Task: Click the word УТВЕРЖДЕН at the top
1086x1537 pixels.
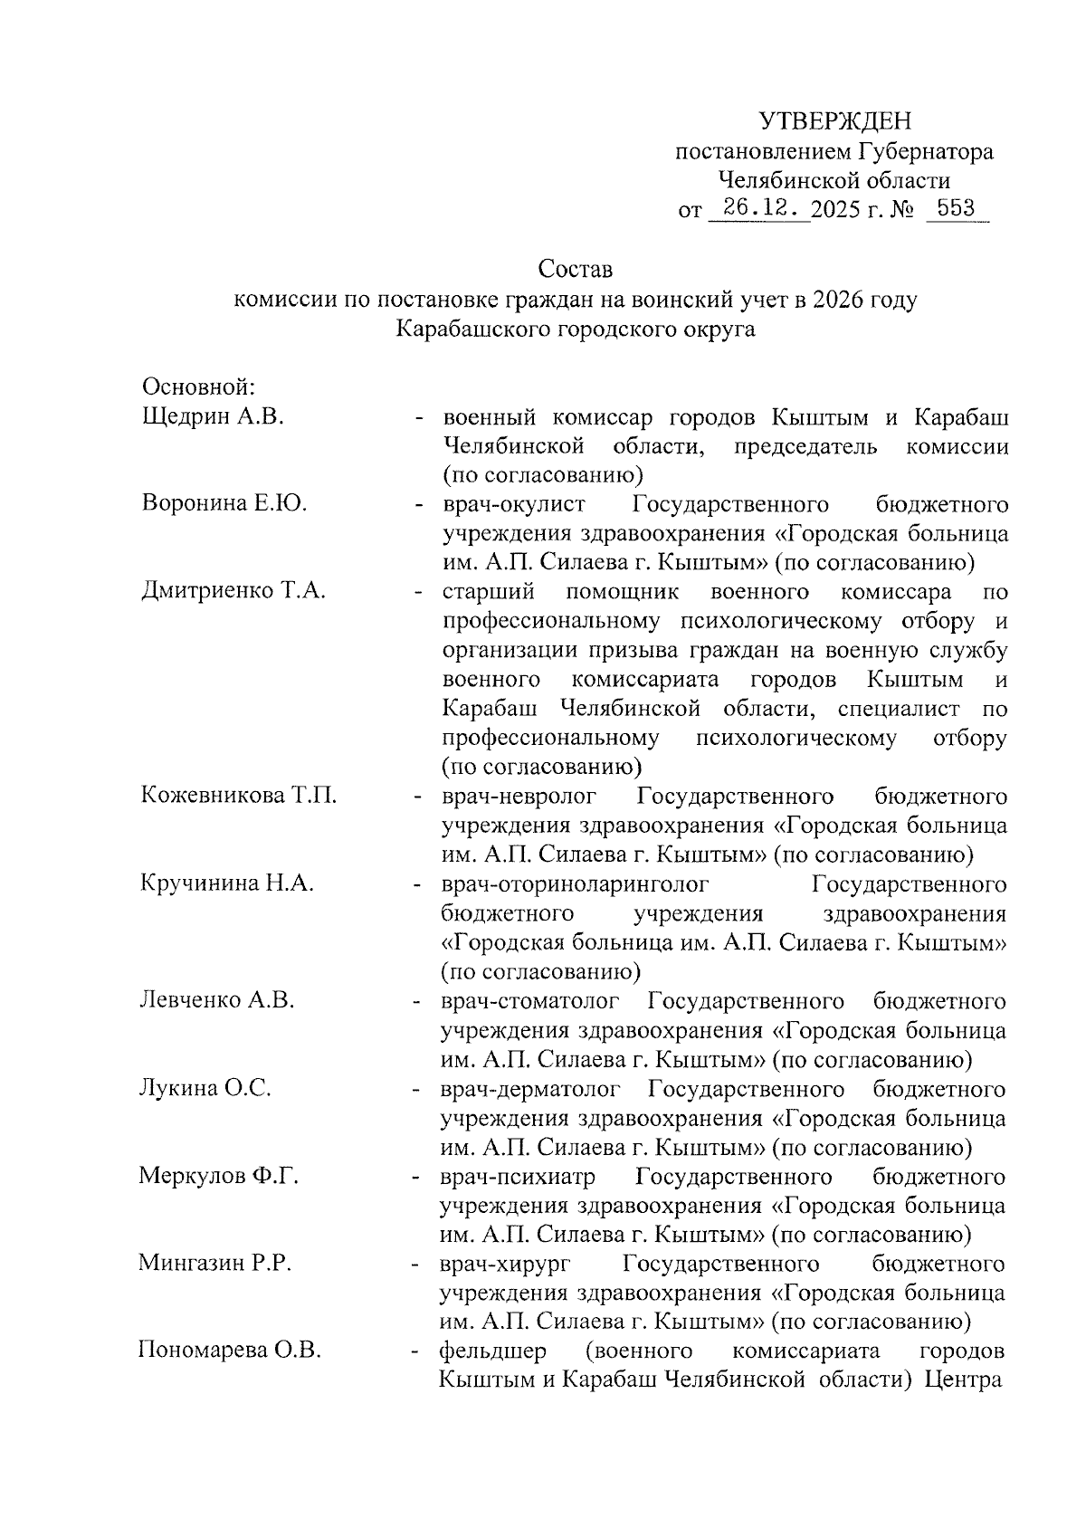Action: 834,121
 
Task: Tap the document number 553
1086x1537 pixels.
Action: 956,209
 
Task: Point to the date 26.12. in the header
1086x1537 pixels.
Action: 759,209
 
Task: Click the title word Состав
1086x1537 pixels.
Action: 575,270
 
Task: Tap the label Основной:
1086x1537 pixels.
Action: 200,387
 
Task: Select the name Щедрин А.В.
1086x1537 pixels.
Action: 214,417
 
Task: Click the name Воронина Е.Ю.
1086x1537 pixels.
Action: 224,504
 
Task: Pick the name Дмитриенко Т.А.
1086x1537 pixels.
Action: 233,592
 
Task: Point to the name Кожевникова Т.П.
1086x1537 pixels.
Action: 239,797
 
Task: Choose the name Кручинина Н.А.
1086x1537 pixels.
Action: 227,883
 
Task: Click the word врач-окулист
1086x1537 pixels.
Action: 514,504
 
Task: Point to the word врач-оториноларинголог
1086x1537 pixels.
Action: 575,883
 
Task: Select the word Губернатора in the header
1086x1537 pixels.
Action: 925,151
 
